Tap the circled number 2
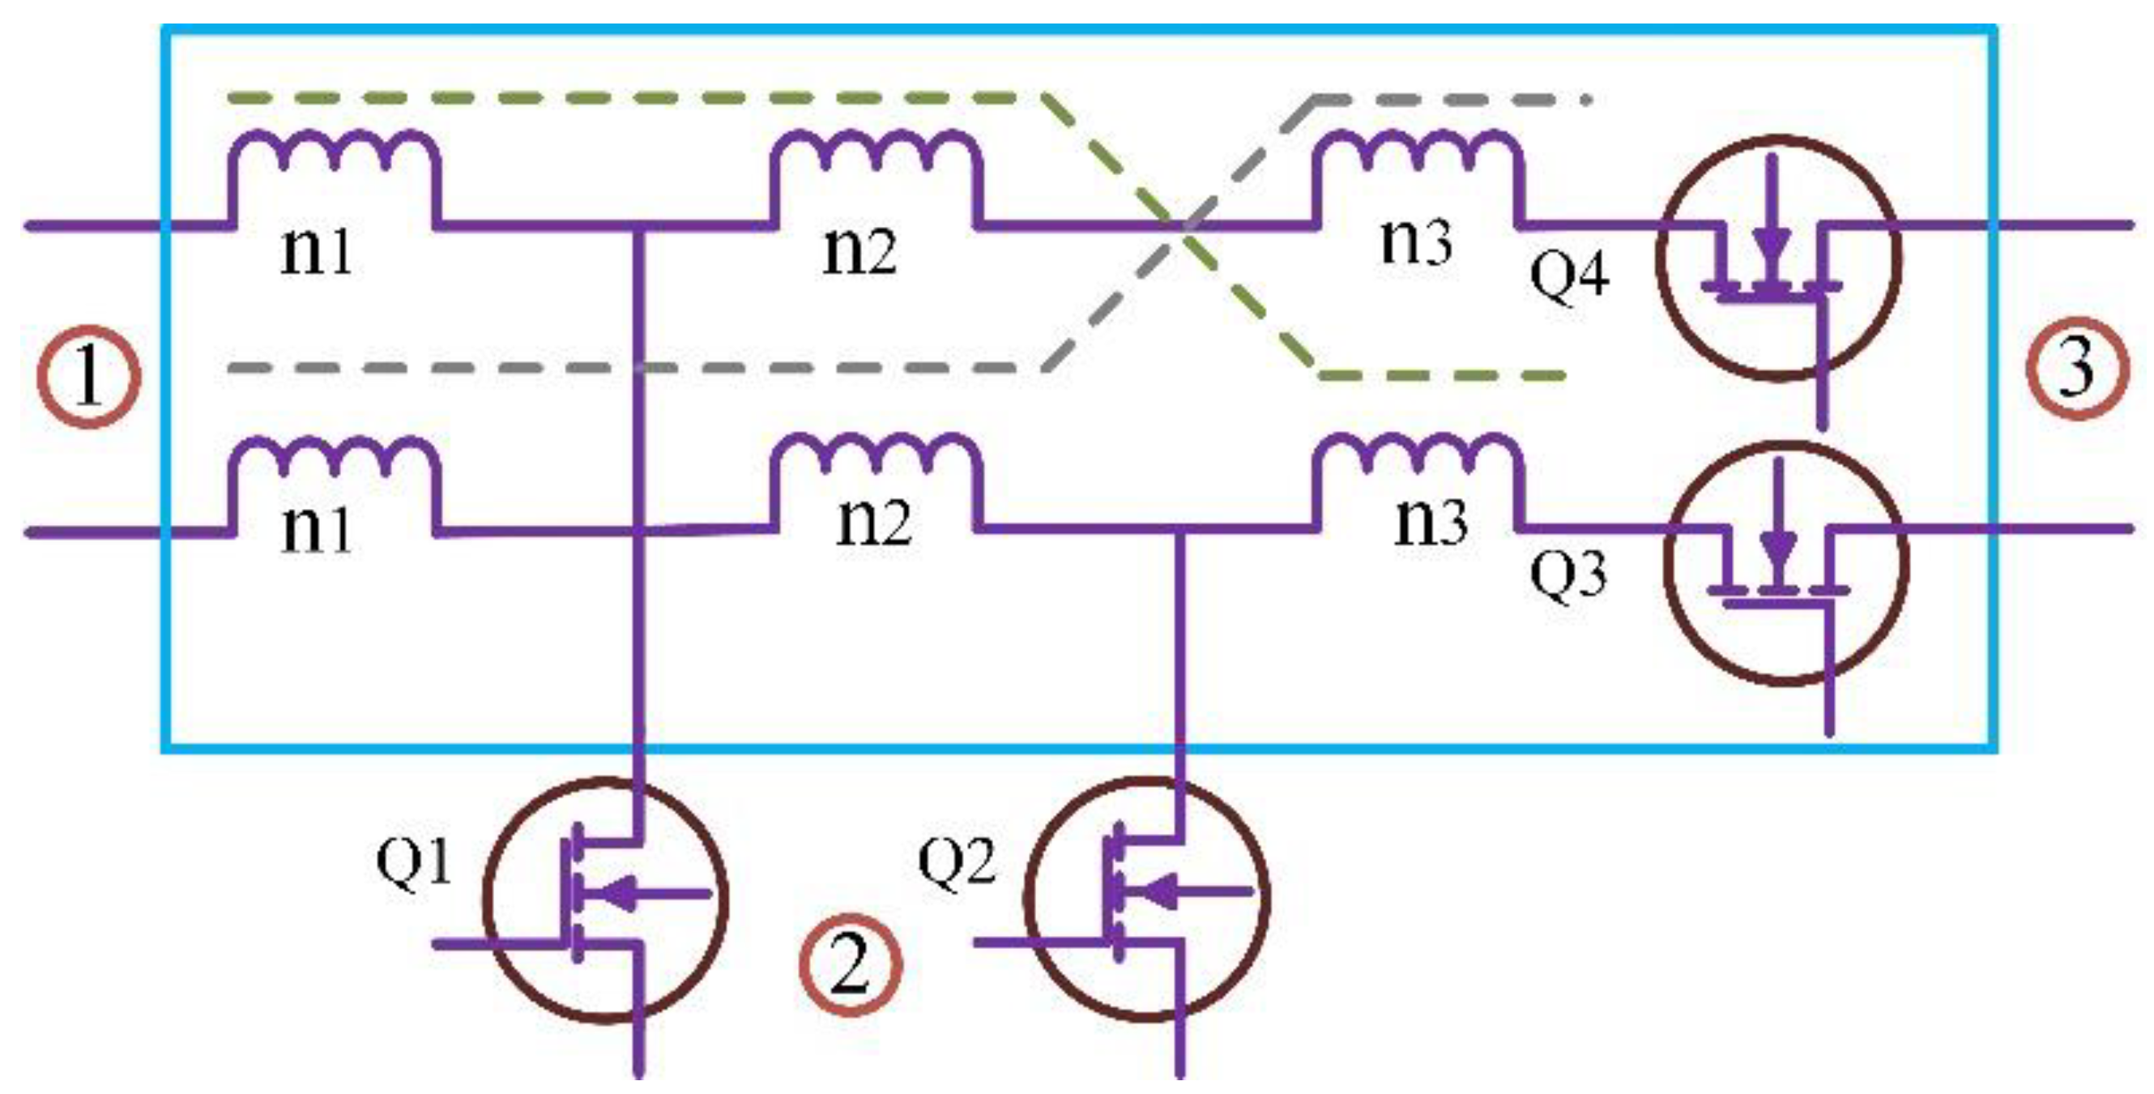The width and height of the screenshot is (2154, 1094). [851, 964]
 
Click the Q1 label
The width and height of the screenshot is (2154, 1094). [414, 861]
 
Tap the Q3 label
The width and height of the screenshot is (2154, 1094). [1568, 575]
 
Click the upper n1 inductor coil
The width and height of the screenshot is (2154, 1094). [335, 155]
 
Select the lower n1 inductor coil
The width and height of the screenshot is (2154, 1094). [335, 460]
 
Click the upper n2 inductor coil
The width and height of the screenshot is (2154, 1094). [875, 155]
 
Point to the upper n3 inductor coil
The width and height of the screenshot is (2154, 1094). [1418, 155]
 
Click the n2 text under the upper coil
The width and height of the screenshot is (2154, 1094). [859, 251]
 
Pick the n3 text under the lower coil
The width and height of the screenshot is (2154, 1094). [1431, 522]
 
